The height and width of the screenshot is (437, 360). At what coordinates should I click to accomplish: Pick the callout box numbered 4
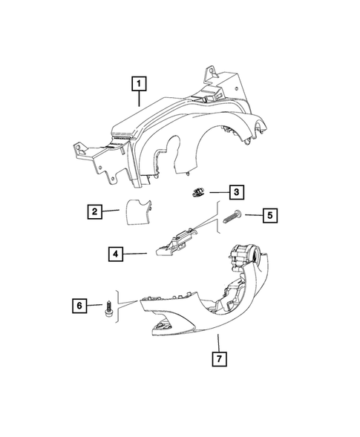(x=116, y=254)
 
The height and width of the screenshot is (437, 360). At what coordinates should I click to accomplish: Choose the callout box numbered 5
(x=270, y=216)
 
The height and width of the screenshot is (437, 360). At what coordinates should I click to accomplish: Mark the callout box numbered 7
(x=218, y=361)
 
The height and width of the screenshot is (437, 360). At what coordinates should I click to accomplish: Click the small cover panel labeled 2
(x=135, y=211)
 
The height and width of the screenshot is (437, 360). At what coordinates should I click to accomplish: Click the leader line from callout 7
(x=218, y=342)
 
